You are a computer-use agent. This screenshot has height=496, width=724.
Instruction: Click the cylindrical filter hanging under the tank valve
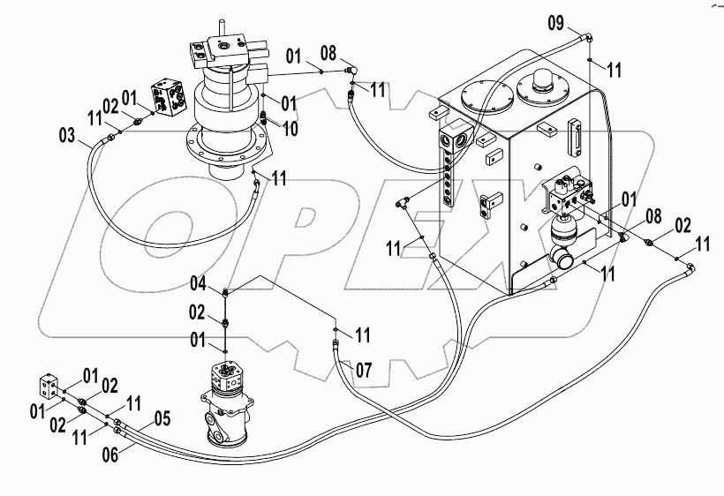[x=561, y=235]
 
